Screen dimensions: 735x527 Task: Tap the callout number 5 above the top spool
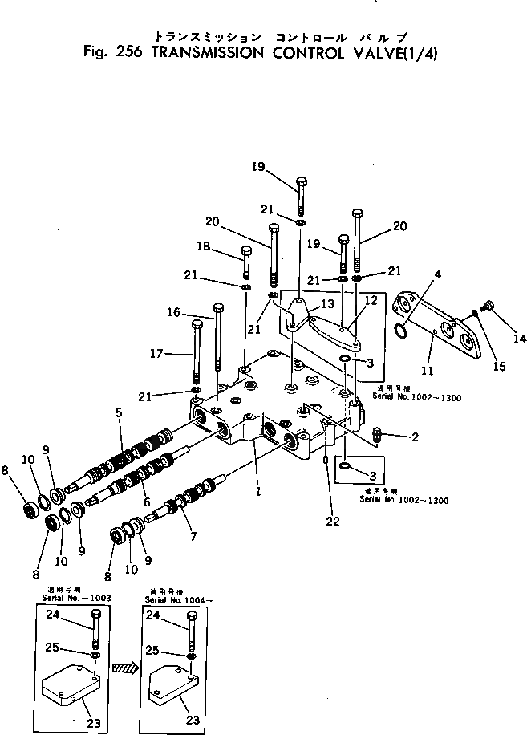pyautogui.click(x=118, y=413)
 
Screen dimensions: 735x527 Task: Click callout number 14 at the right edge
pyautogui.click(x=520, y=339)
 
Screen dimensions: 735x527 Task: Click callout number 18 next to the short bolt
pyautogui.click(x=204, y=247)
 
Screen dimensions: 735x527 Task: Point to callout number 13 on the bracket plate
pyautogui.click(x=326, y=304)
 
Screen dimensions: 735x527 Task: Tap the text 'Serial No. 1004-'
pyautogui.click(x=180, y=599)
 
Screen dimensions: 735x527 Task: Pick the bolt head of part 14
pyautogui.click(x=492, y=306)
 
